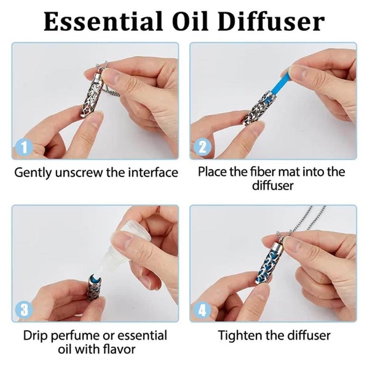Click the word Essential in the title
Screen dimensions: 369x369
pos(103,21)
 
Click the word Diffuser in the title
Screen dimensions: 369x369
pos(271,21)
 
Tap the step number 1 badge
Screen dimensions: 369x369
pos(24,147)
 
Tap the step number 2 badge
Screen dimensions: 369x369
pos(202,147)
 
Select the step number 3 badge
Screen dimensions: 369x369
pos(24,309)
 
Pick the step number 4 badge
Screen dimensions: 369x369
pos(202,309)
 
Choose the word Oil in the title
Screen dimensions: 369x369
pos(190,21)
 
